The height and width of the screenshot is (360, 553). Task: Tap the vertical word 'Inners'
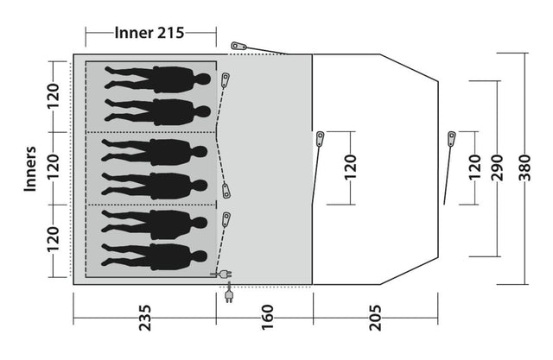point(29,167)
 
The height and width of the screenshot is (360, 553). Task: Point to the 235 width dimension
point(144,309)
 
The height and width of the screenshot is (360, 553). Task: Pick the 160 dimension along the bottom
point(264,309)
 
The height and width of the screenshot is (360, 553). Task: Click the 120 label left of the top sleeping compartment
point(54,98)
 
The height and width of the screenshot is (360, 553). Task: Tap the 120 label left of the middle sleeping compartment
point(54,167)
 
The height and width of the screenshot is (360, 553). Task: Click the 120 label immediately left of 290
point(473,167)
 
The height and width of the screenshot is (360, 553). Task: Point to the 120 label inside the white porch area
point(350,167)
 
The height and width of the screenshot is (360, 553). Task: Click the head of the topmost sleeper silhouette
point(204,79)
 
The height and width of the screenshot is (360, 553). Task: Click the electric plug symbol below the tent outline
point(229,297)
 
